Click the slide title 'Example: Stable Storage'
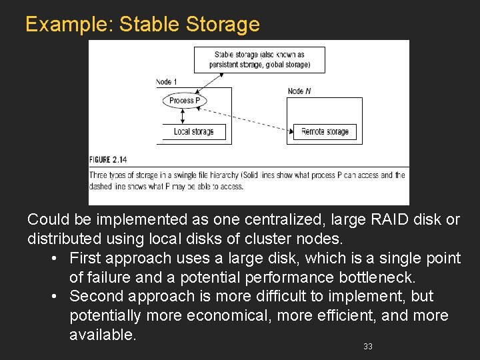click(x=142, y=24)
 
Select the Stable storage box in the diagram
click(x=259, y=60)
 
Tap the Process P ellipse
click(x=185, y=101)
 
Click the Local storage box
click(x=194, y=131)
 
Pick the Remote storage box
click(x=325, y=131)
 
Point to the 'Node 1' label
click(x=167, y=82)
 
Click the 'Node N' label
click(x=299, y=91)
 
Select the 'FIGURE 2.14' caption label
click(x=108, y=159)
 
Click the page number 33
click(x=368, y=346)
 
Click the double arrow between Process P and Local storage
click(x=183, y=116)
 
